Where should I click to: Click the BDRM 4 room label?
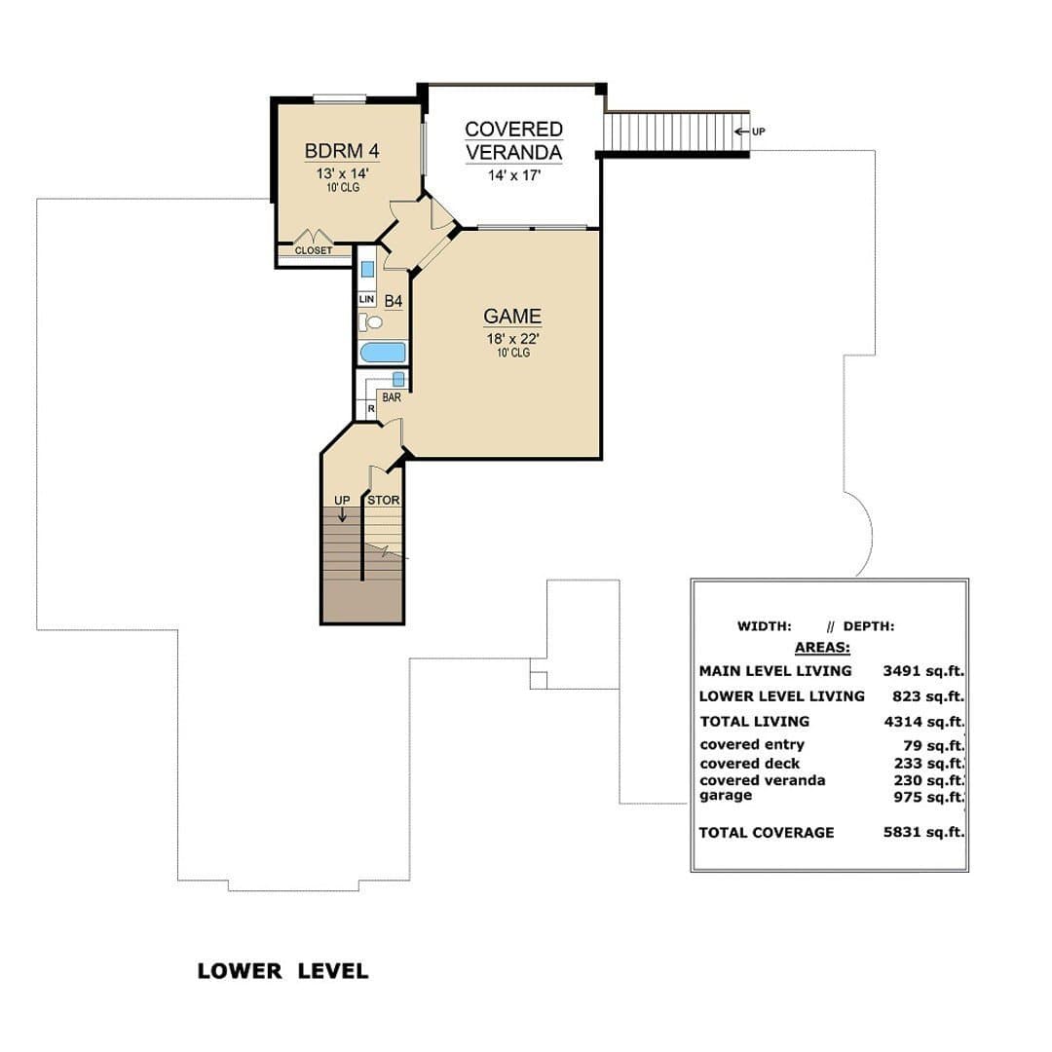pyautogui.click(x=342, y=150)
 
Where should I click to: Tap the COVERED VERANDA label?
pyautogui.click(x=514, y=140)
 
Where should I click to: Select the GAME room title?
pyautogui.click(x=512, y=316)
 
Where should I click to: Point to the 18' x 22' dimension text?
pyautogui.click(x=513, y=338)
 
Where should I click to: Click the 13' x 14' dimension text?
pyautogui.click(x=343, y=173)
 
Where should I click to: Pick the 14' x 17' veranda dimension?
pyautogui.click(x=514, y=175)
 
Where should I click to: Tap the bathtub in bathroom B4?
pyautogui.click(x=383, y=353)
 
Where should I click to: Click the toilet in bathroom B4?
pyautogui.click(x=371, y=322)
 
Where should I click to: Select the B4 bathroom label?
pyautogui.click(x=394, y=301)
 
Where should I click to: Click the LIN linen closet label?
pyautogui.click(x=367, y=299)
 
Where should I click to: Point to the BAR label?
pyautogui.click(x=392, y=397)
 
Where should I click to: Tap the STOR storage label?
pyautogui.click(x=383, y=501)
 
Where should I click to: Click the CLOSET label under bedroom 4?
pyautogui.click(x=314, y=250)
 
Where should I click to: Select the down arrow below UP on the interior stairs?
pyautogui.click(x=342, y=514)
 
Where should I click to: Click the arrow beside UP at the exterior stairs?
pyautogui.click(x=741, y=131)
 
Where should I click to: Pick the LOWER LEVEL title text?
pyautogui.click(x=283, y=971)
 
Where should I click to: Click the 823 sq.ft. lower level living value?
pyautogui.click(x=928, y=697)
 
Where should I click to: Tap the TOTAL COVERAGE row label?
pyautogui.click(x=767, y=833)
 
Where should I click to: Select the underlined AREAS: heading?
pyautogui.click(x=822, y=648)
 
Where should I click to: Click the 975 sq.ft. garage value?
pyautogui.click(x=929, y=797)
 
